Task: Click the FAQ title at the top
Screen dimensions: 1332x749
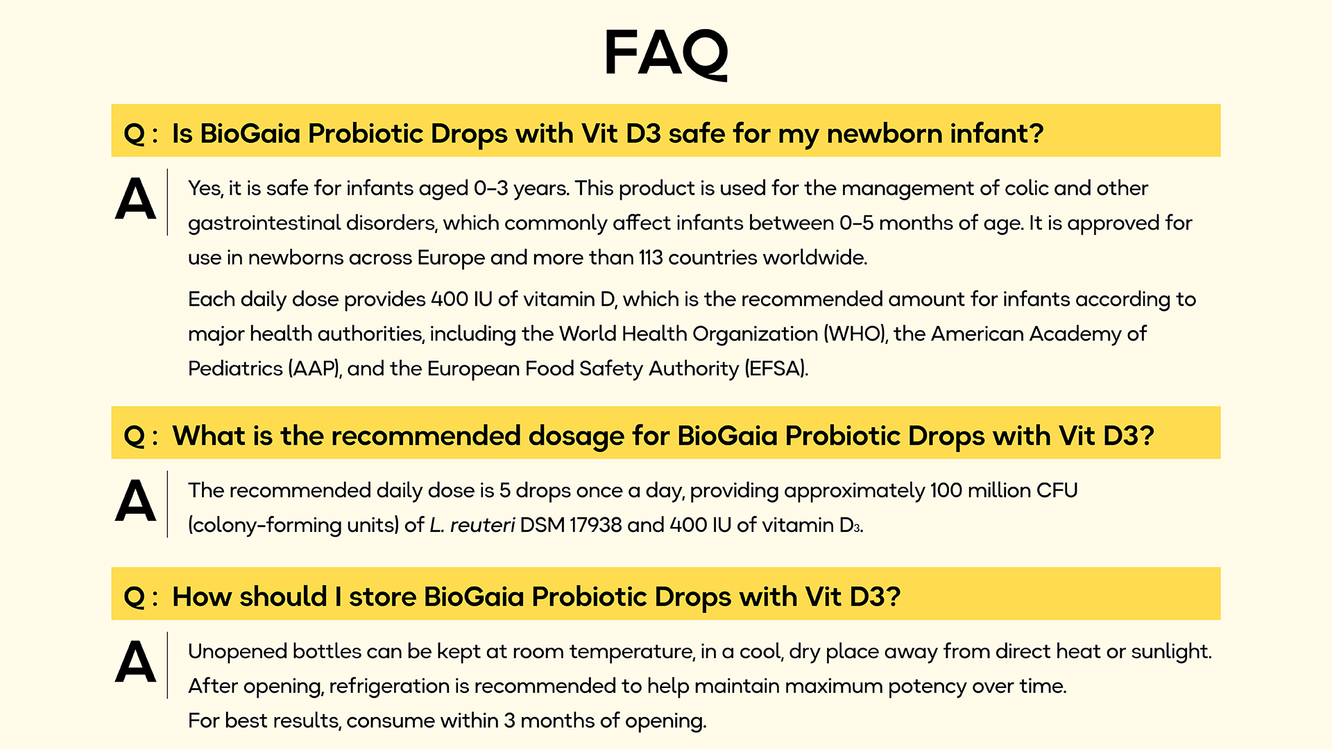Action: point(666,53)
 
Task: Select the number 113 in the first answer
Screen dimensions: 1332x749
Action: point(650,257)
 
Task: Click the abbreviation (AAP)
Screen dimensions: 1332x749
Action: point(315,368)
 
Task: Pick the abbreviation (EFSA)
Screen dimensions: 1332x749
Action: point(776,368)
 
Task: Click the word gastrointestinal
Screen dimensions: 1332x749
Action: point(264,223)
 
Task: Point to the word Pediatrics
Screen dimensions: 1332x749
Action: point(235,368)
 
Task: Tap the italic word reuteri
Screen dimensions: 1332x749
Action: point(482,525)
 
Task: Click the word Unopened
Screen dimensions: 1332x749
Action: point(237,652)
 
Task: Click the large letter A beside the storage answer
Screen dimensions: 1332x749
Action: point(135,662)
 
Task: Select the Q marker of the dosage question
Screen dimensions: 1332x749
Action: point(134,436)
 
